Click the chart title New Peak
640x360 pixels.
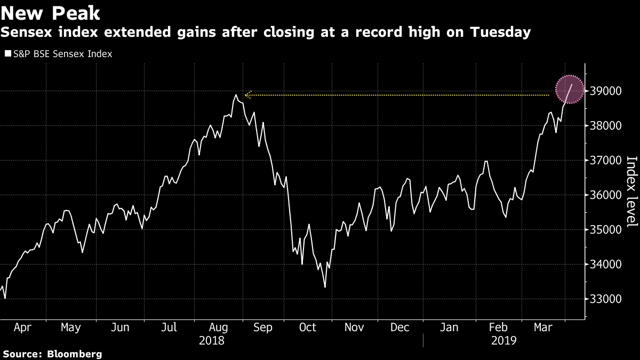[x=51, y=13]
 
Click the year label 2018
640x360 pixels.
[x=212, y=340]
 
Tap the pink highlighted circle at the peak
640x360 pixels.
[x=570, y=90]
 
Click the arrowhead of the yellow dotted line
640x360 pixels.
[x=247, y=95]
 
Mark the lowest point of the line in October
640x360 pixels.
[x=325, y=287]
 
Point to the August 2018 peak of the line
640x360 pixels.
[x=236, y=95]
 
